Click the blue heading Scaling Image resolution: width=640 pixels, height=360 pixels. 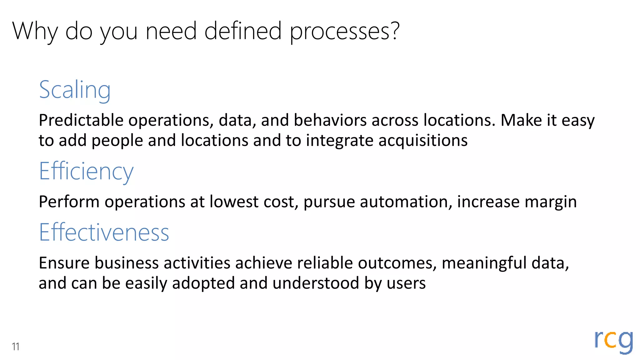click(75, 90)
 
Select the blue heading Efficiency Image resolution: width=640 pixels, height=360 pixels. click(86, 171)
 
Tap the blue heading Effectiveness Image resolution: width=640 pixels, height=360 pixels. click(104, 232)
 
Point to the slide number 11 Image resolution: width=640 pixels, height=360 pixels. click(16, 347)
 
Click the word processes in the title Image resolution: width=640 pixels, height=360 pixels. click(344, 31)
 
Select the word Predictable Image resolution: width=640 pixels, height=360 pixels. click(81, 120)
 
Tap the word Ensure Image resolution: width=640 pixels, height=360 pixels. click(64, 263)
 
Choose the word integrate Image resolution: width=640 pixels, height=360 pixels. click(339, 141)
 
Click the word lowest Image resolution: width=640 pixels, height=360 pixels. click(234, 202)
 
